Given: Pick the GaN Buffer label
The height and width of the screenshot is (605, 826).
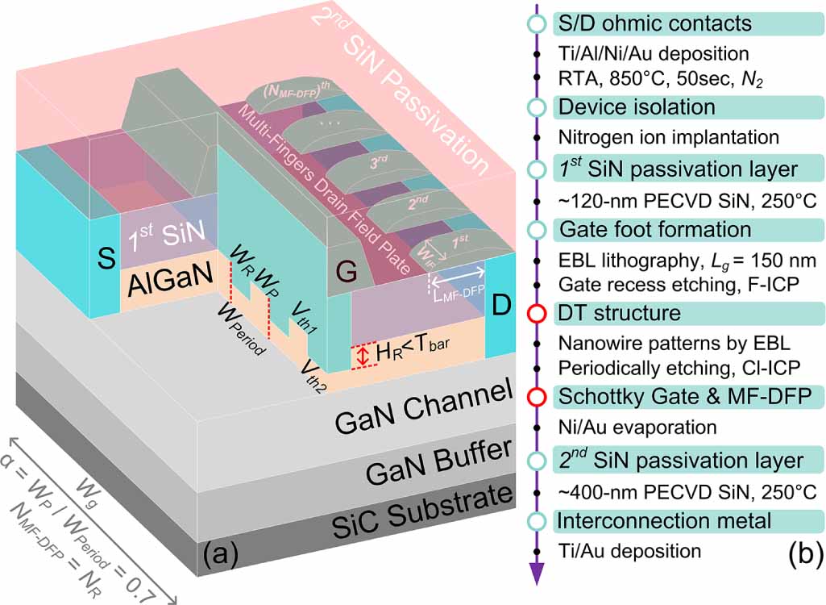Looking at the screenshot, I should pyautogui.click(x=426, y=465).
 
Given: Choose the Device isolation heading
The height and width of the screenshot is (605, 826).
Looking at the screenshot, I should pyautogui.click(x=637, y=106).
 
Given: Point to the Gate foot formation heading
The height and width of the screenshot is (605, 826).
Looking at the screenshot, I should pyautogui.click(x=654, y=230).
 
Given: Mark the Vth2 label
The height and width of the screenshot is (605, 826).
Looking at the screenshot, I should pyautogui.click(x=316, y=370).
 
